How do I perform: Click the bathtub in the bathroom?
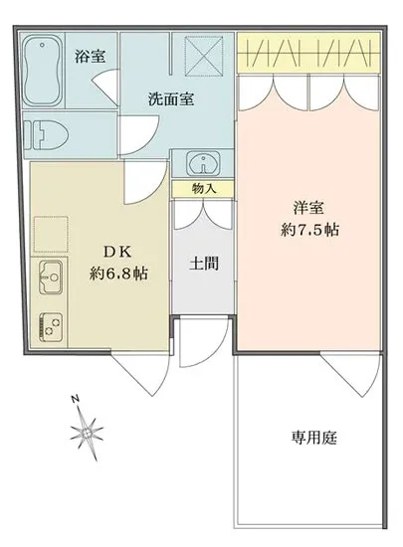tap(43, 71)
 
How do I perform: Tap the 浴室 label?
tap(90, 57)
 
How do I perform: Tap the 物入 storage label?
tap(202, 188)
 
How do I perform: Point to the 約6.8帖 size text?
tap(118, 273)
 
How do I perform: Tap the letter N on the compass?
tap(76, 400)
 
